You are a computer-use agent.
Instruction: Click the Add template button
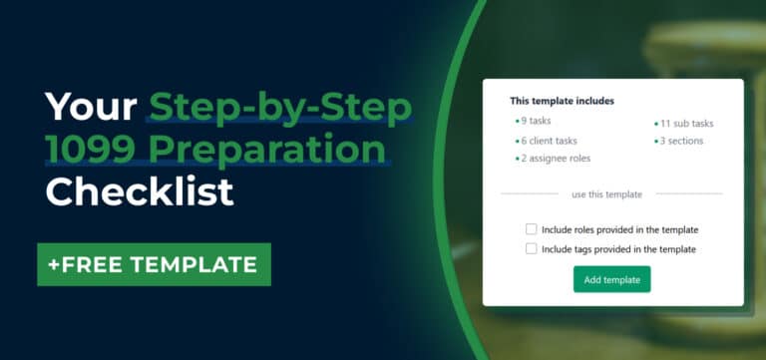pos(611,279)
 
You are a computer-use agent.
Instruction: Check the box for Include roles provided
pos(532,229)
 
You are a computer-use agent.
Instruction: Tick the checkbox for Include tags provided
pos(532,249)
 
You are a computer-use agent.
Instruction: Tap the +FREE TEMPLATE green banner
pos(154,264)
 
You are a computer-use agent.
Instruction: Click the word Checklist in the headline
pos(140,190)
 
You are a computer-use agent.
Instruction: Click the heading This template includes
pos(562,101)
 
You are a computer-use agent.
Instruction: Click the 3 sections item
pos(681,141)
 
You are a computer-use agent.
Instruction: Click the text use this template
pos(606,194)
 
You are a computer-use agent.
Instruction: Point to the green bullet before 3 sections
pos(656,142)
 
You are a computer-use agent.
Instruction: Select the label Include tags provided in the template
pos(618,249)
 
